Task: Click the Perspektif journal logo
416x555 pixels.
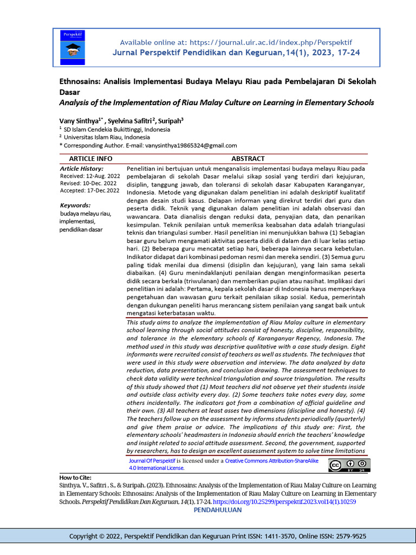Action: (76, 47)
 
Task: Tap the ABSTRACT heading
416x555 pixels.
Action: (248, 159)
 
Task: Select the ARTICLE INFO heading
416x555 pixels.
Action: (90, 159)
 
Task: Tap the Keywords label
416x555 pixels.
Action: (75, 205)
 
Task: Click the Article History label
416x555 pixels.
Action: (81, 169)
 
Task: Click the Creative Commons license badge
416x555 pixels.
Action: (349, 464)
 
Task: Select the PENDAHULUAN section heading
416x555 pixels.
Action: (218, 510)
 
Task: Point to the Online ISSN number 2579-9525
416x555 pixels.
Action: (346, 536)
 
